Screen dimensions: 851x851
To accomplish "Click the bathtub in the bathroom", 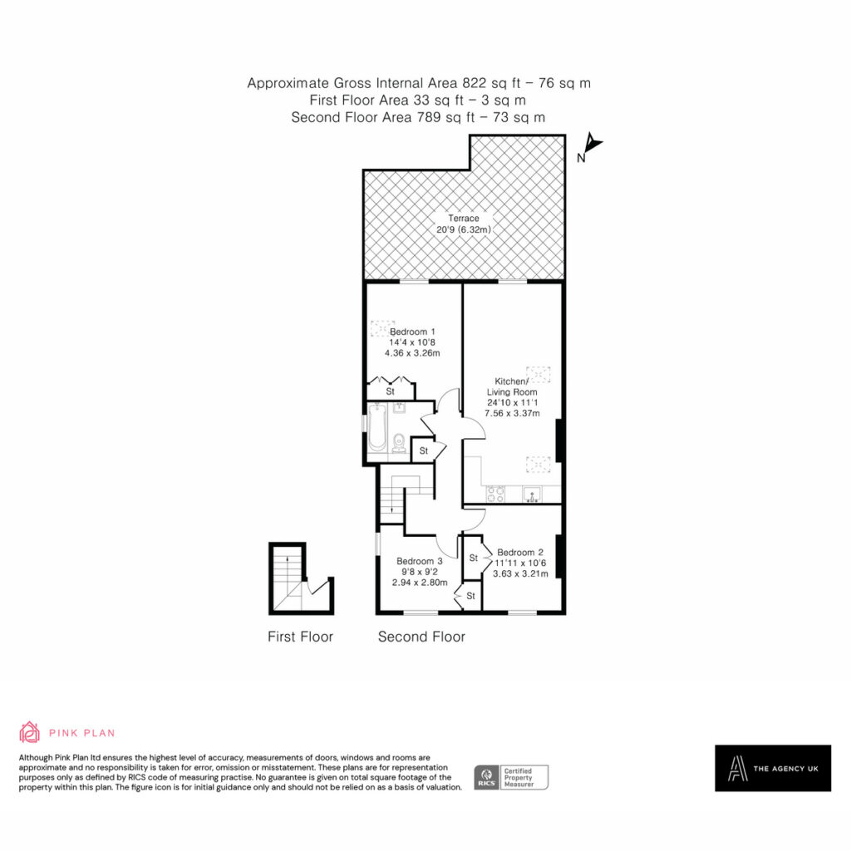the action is [376, 427].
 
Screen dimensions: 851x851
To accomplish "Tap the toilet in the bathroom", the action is [399, 442].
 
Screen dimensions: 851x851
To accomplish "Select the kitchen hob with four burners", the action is [495, 494].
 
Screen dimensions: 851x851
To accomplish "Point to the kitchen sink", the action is [532, 494].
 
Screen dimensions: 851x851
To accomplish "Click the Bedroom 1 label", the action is [412, 332].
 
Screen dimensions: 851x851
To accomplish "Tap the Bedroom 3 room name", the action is [419, 561].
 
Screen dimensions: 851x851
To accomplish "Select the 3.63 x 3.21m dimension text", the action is [520, 573].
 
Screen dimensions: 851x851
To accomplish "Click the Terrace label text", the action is [464, 219].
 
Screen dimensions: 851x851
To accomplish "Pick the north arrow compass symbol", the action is [591, 146].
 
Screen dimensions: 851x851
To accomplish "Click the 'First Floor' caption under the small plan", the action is [300, 637].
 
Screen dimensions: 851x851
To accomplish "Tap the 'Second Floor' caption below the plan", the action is [421, 637].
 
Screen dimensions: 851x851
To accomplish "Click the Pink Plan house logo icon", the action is [29, 732].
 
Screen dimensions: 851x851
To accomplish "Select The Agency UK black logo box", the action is [773, 768].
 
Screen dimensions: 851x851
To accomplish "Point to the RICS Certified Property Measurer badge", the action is [511, 777].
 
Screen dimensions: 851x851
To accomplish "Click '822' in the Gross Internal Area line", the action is [475, 83].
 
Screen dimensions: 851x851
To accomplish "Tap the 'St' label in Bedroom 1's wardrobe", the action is [391, 391].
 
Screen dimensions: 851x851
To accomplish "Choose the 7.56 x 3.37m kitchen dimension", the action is [512, 413].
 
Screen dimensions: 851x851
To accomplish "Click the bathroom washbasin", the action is [400, 407].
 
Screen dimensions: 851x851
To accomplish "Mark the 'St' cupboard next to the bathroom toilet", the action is [424, 450].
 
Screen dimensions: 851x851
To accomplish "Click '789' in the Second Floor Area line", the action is [429, 117].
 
